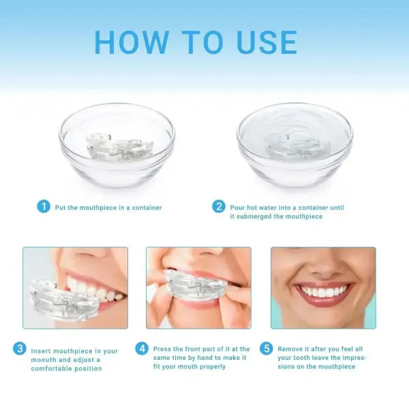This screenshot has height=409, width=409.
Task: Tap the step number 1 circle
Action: pyautogui.click(x=44, y=207)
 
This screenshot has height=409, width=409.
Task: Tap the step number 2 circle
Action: pyautogui.click(x=219, y=207)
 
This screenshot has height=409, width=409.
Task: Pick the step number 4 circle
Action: pyautogui.click(x=142, y=349)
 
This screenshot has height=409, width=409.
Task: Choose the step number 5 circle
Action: pyautogui.click(x=267, y=349)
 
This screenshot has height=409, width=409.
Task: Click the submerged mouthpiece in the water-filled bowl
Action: pyautogui.click(x=294, y=145)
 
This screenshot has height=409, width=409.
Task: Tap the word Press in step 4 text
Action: pyautogui.click(x=162, y=349)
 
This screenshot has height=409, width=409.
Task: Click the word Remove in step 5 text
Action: pyautogui.click(x=288, y=349)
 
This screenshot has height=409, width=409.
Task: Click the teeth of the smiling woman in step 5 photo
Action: pyautogui.click(x=324, y=292)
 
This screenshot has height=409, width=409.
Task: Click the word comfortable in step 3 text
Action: pyautogui.click(x=54, y=369)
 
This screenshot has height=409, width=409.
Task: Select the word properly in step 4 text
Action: pyautogui.click(x=212, y=367)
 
